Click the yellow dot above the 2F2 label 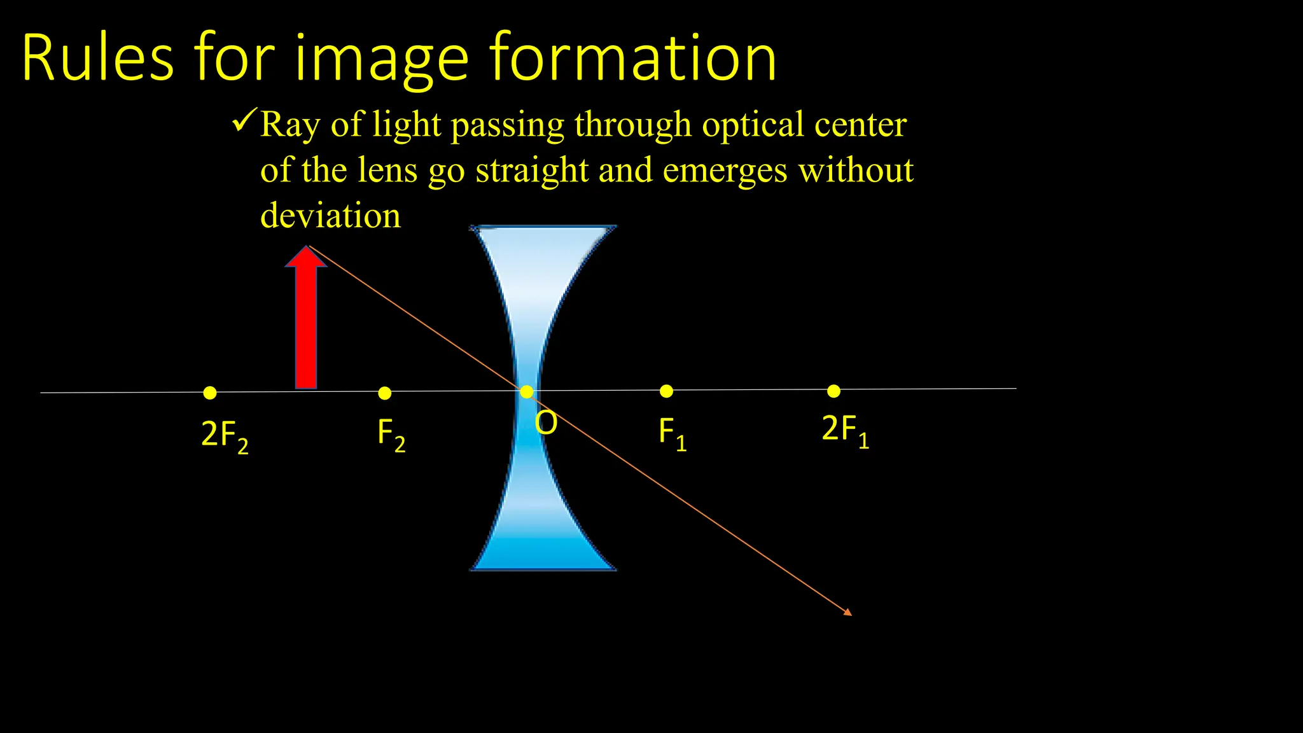(x=210, y=393)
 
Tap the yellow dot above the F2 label (x=384, y=393)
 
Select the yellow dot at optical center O (x=527, y=392)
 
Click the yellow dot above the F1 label (x=666, y=391)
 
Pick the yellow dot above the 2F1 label (x=833, y=391)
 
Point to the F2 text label (x=391, y=435)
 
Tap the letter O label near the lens (x=546, y=423)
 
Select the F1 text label (x=672, y=434)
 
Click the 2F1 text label (x=846, y=431)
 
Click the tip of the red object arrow (x=307, y=248)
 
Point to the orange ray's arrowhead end (x=848, y=613)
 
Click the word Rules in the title (x=97, y=59)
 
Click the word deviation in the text (x=331, y=215)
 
